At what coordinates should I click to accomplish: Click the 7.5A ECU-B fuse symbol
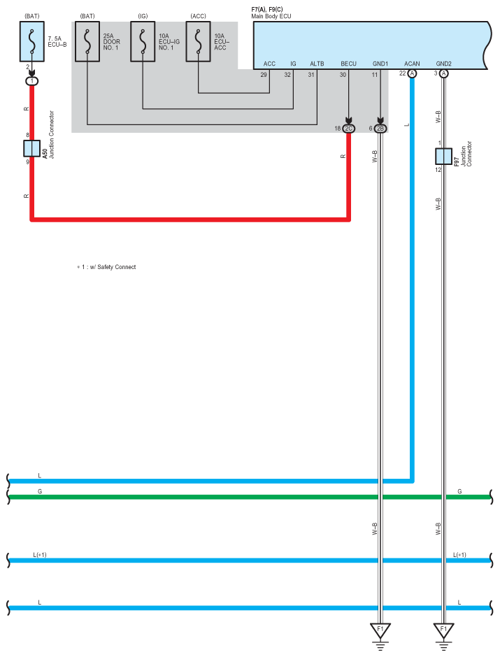click(32, 42)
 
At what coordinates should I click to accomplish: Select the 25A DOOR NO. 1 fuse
click(87, 42)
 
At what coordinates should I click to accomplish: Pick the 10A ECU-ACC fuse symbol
click(199, 42)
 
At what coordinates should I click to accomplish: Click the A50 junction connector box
click(32, 148)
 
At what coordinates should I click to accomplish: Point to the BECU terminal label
click(349, 64)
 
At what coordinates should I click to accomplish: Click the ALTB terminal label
click(317, 64)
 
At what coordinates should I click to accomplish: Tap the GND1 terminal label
click(380, 64)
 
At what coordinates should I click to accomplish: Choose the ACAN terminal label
click(412, 64)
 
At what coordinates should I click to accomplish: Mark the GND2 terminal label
click(444, 64)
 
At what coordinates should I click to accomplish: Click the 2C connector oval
click(349, 129)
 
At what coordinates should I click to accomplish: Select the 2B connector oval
click(380, 129)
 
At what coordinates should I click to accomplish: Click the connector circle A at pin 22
click(412, 73)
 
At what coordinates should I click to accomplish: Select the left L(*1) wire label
click(40, 554)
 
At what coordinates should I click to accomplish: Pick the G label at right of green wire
click(459, 491)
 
